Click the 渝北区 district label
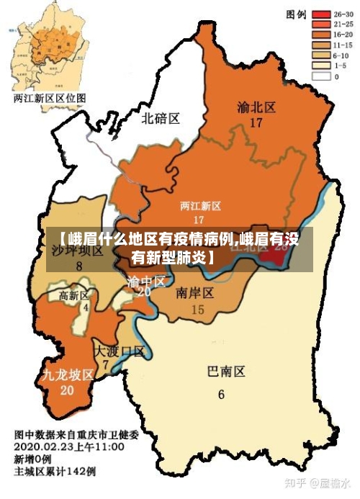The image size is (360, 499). (x=256, y=107)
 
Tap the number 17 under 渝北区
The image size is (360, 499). (x=256, y=122)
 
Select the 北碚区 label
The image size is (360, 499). (x=160, y=117)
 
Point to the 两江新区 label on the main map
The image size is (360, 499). (x=200, y=206)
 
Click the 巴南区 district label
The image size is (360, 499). (x=226, y=372)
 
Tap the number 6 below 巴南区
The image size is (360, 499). (x=221, y=394)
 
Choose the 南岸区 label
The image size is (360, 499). (x=194, y=292)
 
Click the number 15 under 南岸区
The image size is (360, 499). (x=197, y=310)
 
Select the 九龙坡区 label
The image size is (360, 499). (x=68, y=374)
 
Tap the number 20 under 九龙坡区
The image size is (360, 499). (x=67, y=390)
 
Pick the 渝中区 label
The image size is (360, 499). (x=146, y=280)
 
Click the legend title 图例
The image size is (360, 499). (x=297, y=14)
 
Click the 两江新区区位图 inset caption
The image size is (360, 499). (x=49, y=97)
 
